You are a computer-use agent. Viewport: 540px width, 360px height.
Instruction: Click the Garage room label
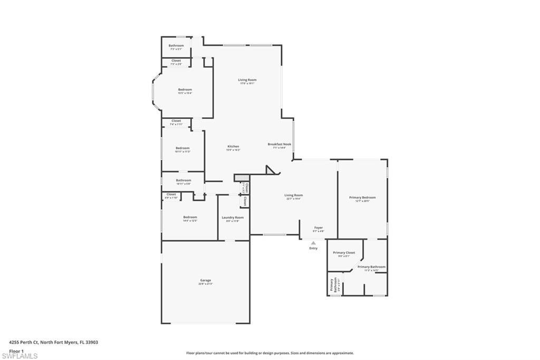pyautogui.click(x=205, y=280)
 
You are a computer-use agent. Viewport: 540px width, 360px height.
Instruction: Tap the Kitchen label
pyautogui.click(x=233, y=146)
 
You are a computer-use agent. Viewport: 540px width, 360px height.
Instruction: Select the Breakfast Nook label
pyautogui.click(x=279, y=144)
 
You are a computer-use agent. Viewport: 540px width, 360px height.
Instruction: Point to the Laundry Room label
pyautogui.click(x=232, y=217)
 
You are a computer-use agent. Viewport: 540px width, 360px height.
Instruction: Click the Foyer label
pyautogui.click(x=319, y=228)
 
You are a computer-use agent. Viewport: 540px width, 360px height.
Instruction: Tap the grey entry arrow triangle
pyautogui.click(x=313, y=243)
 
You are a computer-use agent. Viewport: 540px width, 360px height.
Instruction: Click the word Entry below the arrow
pyautogui.click(x=313, y=248)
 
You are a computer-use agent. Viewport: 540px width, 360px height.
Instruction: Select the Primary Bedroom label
pyautogui.click(x=362, y=197)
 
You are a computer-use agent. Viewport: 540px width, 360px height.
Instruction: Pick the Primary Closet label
pyautogui.click(x=344, y=252)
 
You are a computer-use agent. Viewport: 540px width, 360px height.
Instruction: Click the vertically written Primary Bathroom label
pyautogui.click(x=333, y=285)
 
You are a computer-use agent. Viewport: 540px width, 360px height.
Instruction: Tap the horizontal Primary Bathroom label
pyautogui.click(x=371, y=267)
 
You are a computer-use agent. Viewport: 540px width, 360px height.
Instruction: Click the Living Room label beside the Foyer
pyautogui.click(x=294, y=195)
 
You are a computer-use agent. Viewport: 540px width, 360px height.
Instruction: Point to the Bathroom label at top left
pyautogui.click(x=176, y=45)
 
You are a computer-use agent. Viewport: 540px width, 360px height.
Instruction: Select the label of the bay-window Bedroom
pyautogui.click(x=185, y=89)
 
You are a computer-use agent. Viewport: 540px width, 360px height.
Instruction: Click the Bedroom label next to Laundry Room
pyautogui.click(x=190, y=217)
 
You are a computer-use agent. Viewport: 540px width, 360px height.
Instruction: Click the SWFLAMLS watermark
pyautogui.click(x=19, y=356)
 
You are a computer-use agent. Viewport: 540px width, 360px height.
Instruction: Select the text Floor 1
pyautogui.click(x=16, y=350)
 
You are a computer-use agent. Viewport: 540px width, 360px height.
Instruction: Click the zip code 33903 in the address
pyautogui.click(x=91, y=342)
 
